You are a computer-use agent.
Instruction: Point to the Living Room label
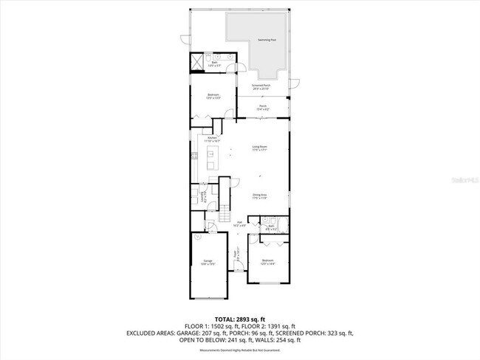(259, 148)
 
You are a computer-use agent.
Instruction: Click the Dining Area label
(259, 195)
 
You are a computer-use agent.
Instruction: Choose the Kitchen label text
(213, 139)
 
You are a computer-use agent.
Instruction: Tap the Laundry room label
(204, 195)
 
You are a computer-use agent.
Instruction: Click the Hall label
(240, 224)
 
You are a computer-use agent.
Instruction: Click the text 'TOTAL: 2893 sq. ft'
(240, 319)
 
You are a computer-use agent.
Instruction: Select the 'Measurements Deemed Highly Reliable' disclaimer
(240, 350)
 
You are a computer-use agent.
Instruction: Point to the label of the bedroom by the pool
(213, 94)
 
